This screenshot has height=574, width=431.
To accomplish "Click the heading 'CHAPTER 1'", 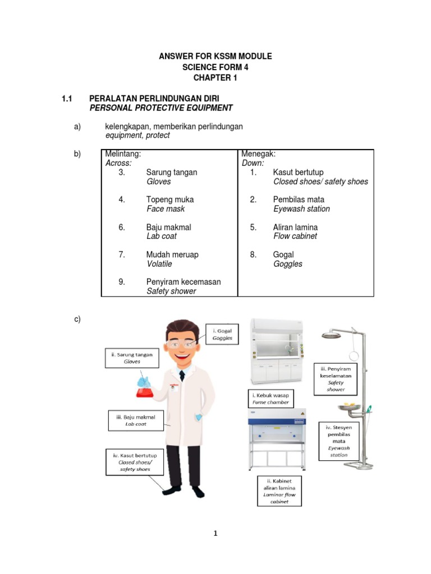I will coord(215,78).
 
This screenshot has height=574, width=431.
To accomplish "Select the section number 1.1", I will coord(67,99).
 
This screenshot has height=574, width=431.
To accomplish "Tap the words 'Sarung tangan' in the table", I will coord(172,172).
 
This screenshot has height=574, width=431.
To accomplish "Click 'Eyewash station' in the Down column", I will coord(301,209).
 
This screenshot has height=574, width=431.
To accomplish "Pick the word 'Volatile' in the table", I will coord(159,263).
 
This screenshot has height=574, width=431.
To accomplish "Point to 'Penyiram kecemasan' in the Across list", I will coord(184,282).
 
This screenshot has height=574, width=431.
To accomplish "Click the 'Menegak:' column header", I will coord(258,154).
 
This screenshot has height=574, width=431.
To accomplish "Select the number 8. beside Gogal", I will coord(254,254).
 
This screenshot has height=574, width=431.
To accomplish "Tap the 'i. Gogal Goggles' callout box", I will coord(222,335).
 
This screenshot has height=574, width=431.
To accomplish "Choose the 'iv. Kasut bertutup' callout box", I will coord(135,462).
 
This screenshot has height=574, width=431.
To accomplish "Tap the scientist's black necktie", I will coord(182,375).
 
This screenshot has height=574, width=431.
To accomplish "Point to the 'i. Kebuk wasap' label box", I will coord(270,399).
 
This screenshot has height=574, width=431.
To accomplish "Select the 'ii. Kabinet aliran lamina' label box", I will coord(279,491).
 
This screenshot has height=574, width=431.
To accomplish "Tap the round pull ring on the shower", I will coord(354,355).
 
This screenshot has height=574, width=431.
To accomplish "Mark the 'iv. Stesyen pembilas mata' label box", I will coord(338,441).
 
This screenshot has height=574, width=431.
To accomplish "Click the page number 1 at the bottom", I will coord(215,533).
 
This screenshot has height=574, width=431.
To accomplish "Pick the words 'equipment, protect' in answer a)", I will coord(137,135).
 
